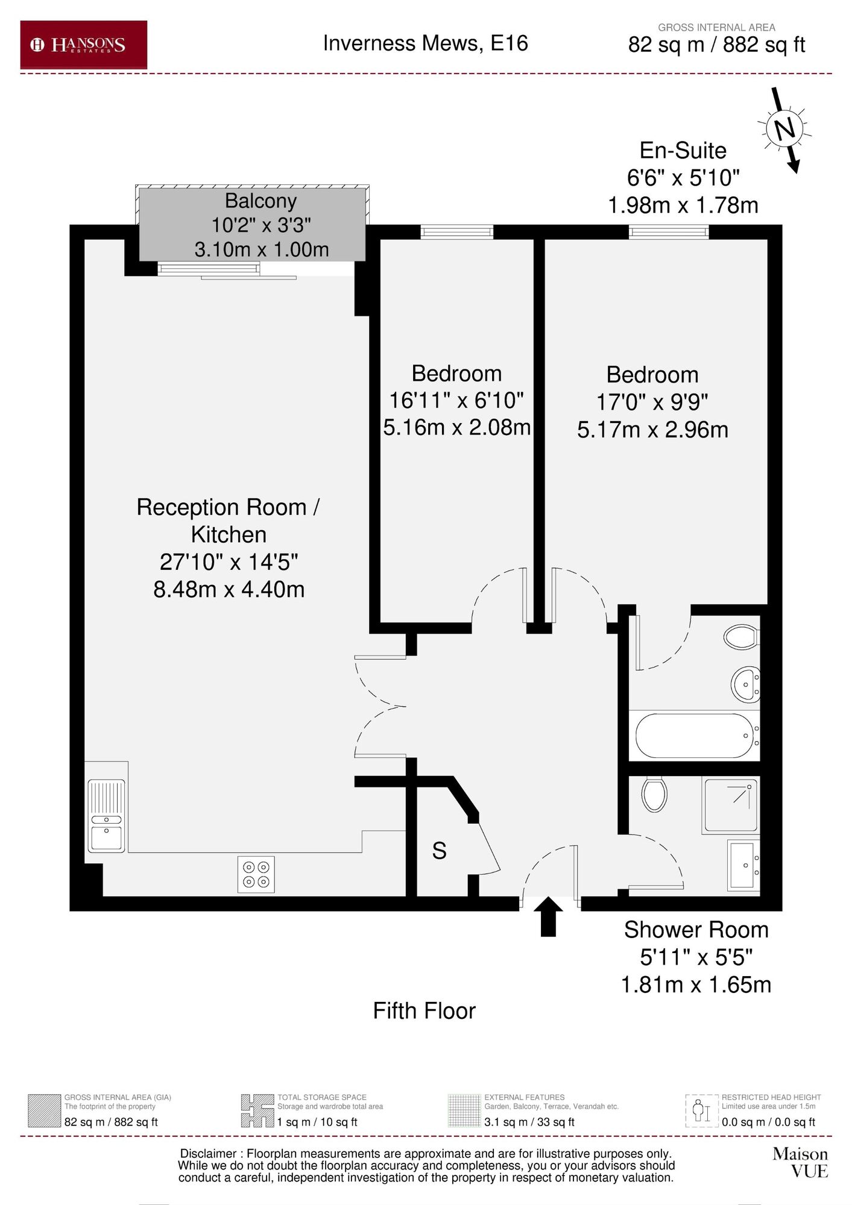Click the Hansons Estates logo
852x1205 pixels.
pyautogui.click(x=83, y=45)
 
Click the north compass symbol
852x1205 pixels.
pyautogui.click(x=784, y=129)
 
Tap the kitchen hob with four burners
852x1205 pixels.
pyautogui.click(x=256, y=874)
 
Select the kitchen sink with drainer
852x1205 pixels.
pyautogui.click(x=107, y=816)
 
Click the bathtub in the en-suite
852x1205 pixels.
pyautogui.click(x=694, y=736)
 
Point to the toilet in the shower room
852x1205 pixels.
pyautogui.click(x=654, y=794)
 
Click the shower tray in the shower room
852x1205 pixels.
pyautogui.click(x=730, y=805)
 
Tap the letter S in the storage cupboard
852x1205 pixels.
pyautogui.click(x=439, y=851)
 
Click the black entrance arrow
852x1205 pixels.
pyautogui.click(x=548, y=916)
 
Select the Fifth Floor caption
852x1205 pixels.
pyautogui.click(x=424, y=1011)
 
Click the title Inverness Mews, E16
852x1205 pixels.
pyautogui.click(x=425, y=43)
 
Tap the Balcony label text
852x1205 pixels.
pyautogui.click(x=260, y=201)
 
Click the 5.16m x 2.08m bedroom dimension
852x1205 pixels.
pyautogui.click(x=456, y=427)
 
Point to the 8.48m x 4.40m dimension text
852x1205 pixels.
pyautogui.click(x=229, y=589)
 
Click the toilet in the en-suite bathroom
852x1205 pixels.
pyautogui.click(x=740, y=636)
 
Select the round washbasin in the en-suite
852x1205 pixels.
pyautogui.click(x=745, y=684)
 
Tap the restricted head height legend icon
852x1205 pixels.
pyautogui.click(x=701, y=1110)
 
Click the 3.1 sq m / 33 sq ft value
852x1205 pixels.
pyautogui.click(x=529, y=1122)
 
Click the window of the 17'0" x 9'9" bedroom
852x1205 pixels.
pyautogui.click(x=668, y=232)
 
